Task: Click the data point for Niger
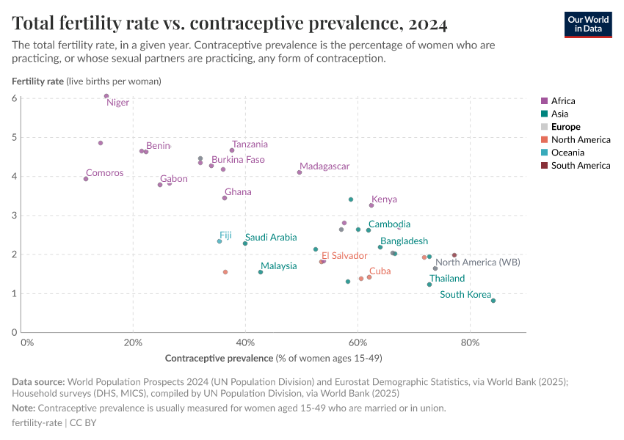point(106,96)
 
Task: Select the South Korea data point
point(493,301)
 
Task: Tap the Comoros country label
point(104,173)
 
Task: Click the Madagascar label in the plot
point(324,166)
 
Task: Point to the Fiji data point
point(220,241)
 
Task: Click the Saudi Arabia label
point(271,237)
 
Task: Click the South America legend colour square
point(544,166)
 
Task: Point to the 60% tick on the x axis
point(358,342)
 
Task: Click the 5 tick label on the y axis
point(15,137)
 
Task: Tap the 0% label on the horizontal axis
point(27,342)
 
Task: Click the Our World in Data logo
point(588,23)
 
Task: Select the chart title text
point(230,24)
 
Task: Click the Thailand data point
point(429,285)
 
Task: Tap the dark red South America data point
point(454,255)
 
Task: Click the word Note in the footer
point(23,408)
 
